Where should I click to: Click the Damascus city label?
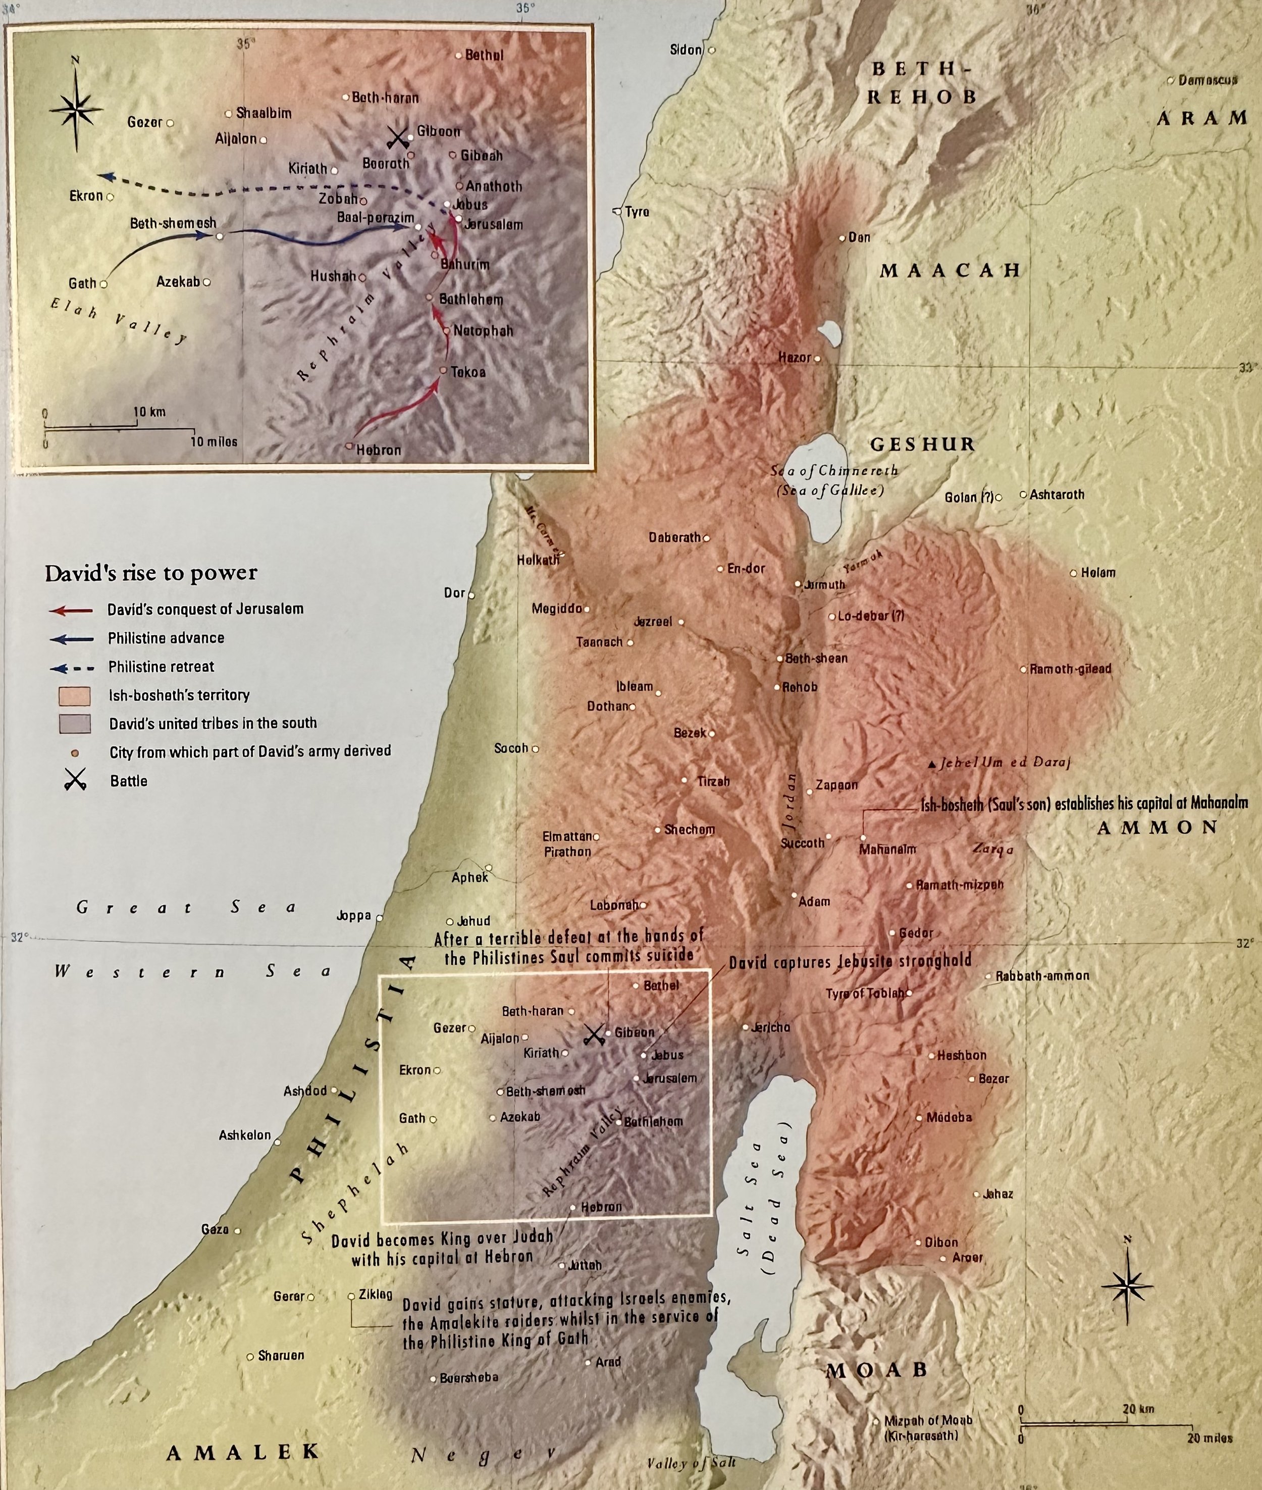coord(1207,80)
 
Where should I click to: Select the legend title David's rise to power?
coord(151,573)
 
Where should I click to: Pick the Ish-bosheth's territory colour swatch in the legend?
coord(74,696)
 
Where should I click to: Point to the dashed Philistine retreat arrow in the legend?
coord(72,668)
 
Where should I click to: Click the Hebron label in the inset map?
coord(379,450)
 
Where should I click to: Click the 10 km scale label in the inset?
coord(149,412)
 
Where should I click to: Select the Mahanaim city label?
coord(887,850)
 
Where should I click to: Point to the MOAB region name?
coord(877,1370)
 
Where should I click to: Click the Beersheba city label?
coord(469,1378)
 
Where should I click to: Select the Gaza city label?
coord(215,1229)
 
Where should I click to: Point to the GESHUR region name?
coord(922,444)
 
